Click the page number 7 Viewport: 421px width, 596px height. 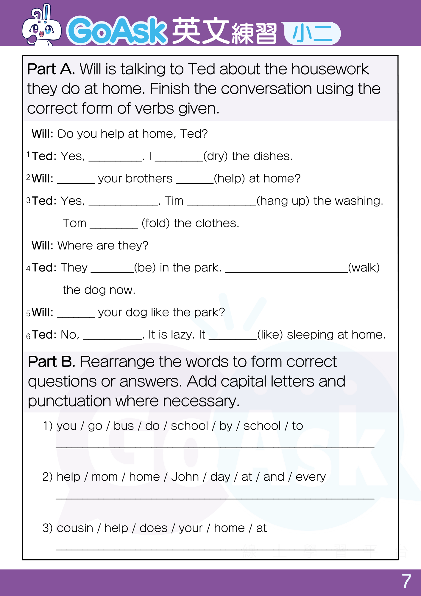(x=406, y=581)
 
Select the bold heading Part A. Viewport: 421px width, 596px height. (x=51, y=69)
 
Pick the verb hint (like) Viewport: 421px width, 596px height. (x=270, y=335)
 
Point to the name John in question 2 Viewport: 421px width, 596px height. (x=185, y=477)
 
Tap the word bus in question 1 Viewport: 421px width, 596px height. (x=124, y=426)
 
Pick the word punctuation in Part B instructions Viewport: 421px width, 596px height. (x=69, y=401)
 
